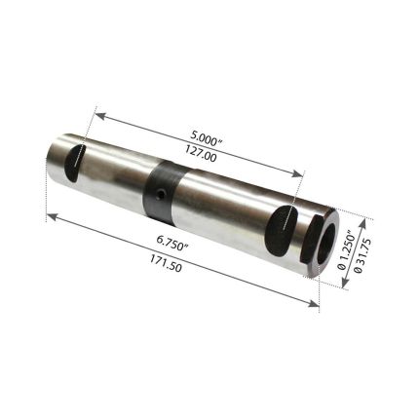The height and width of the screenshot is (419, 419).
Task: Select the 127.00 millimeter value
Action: pyautogui.click(x=201, y=151)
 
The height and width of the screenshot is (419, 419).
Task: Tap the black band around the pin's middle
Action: pyautogui.click(x=162, y=191)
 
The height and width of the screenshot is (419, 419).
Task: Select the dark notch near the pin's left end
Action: pyautogui.click(x=74, y=162)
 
